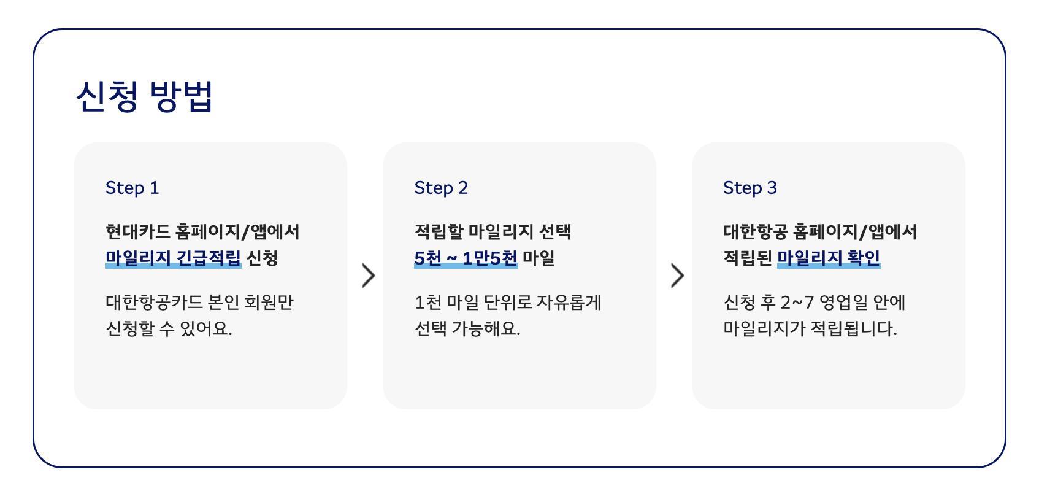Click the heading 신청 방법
[x=144, y=96]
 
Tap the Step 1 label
[x=132, y=188]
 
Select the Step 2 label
[x=441, y=188]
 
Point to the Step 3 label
[x=750, y=188]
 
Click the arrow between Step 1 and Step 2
[x=368, y=276]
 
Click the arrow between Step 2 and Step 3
[x=677, y=276]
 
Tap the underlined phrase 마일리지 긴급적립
[x=173, y=258]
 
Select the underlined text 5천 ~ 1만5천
[x=466, y=258]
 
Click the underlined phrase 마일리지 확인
[x=829, y=258]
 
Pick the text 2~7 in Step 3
[x=797, y=302]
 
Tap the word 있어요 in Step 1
[x=205, y=328]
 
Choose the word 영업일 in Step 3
[x=843, y=302]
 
